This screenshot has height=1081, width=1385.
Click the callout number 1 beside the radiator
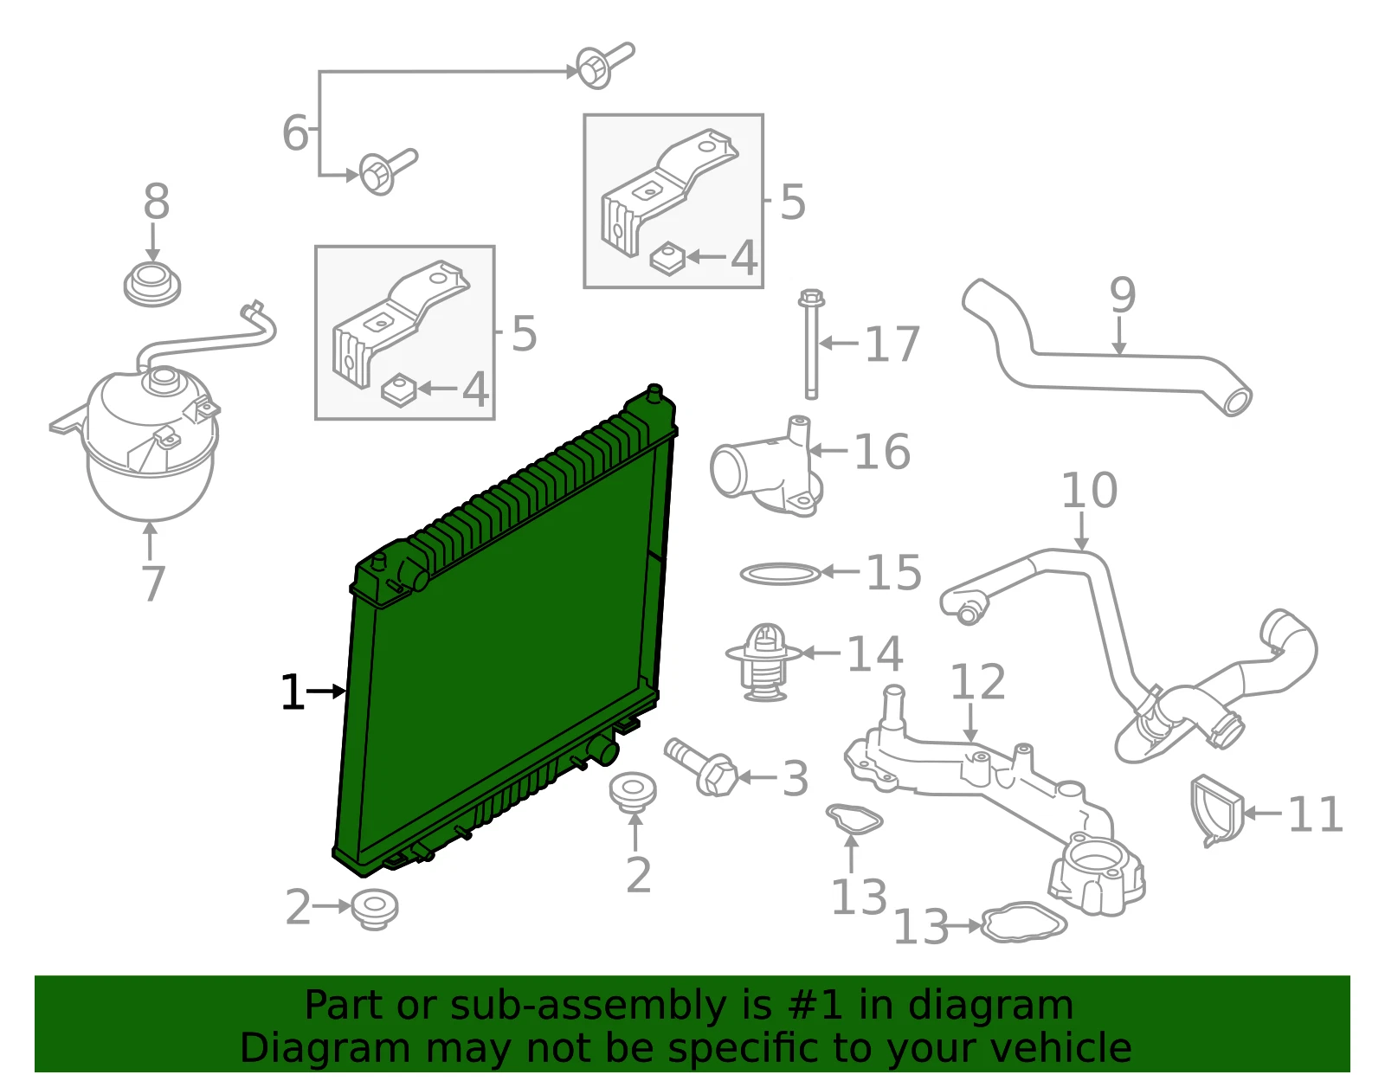(x=293, y=692)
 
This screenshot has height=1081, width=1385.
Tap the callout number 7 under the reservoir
(x=152, y=583)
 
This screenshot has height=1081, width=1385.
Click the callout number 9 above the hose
(x=1123, y=295)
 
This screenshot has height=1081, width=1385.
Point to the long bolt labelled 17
(x=811, y=344)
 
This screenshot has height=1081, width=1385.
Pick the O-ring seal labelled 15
(x=780, y=574)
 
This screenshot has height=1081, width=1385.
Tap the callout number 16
(x=881, y=452)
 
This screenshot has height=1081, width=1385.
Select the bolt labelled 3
(x=701, y=767)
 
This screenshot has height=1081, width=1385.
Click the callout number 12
(x=977, y=681)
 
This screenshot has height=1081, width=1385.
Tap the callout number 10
(x=1089, y=491)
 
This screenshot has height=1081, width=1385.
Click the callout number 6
(x=295, y=133)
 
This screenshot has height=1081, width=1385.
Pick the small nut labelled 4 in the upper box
(x=667, y=258)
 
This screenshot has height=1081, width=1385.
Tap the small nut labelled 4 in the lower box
(x=398, y=389)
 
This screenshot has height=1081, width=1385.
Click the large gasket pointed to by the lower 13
(x=1023, y=922)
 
